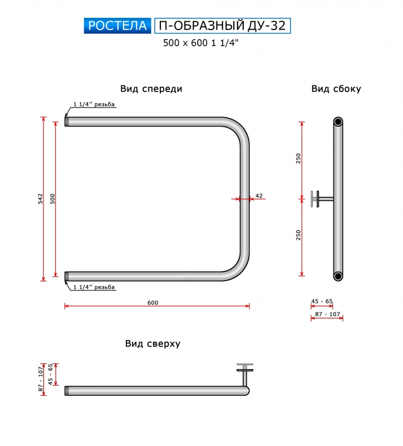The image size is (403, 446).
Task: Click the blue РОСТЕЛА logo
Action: (117, 26)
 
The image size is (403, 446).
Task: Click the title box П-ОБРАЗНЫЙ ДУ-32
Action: (223, 26)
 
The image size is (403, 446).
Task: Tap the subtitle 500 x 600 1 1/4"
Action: (200, 43)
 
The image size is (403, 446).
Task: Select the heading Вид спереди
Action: (151, 89)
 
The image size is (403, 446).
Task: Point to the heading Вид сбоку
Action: (336, 89)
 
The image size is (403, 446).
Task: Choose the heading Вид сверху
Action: (153, 343)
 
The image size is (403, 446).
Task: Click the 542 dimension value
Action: (41, 198)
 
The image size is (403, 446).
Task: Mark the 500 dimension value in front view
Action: (52, 198)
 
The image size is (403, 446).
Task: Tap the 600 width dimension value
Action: (153, 303)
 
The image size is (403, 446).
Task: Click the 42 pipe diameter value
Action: (259, 196)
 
